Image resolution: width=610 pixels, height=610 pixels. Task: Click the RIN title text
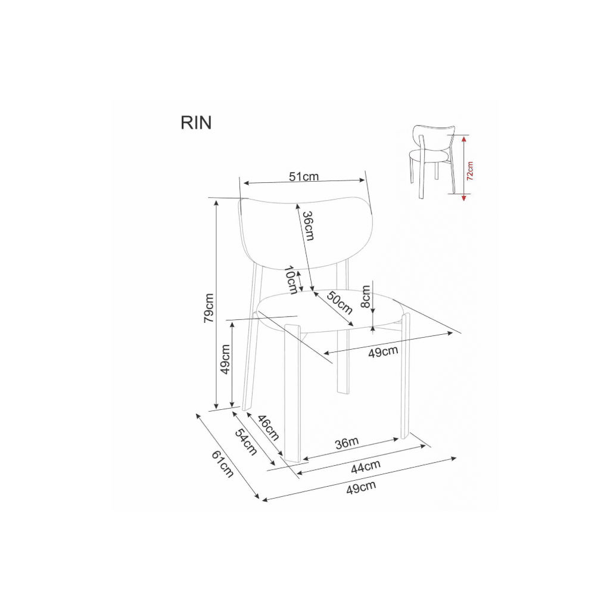196,123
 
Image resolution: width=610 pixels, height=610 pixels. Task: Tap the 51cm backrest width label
304,176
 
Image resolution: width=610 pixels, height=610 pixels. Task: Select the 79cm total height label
209,308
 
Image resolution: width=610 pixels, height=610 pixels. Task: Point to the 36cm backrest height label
308,226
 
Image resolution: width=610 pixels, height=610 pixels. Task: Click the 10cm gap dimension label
291,280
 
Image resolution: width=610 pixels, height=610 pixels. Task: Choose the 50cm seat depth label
340,303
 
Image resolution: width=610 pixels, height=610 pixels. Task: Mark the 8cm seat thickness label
365,297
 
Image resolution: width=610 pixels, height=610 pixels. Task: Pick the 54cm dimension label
246,443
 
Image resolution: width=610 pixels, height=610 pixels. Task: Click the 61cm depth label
223,464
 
